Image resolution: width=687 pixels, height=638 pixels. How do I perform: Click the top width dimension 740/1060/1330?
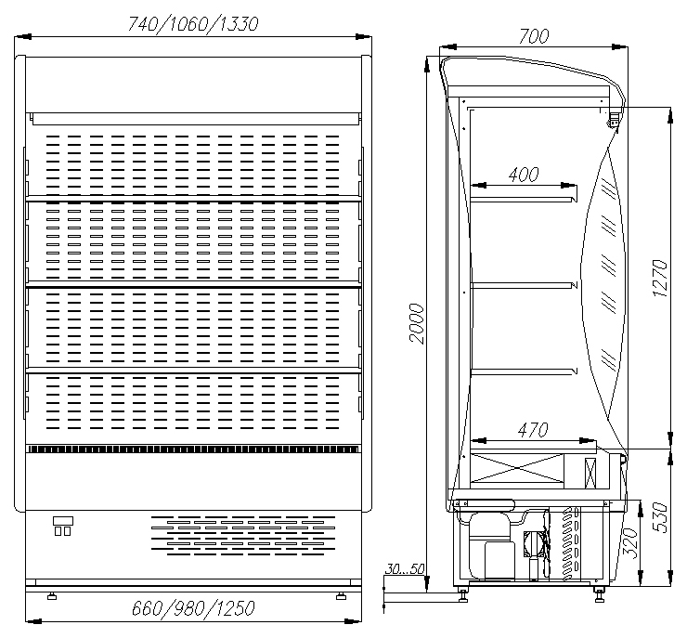pos(193,23)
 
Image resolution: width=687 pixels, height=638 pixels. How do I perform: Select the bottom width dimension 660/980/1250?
pos(193,608)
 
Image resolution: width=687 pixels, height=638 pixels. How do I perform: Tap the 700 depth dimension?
pos(533,36)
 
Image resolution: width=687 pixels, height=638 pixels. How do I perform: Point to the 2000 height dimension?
pos(417,323)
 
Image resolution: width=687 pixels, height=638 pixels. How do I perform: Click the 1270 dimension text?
pos(659,279)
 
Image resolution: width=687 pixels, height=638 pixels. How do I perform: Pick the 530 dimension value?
pos(660,517)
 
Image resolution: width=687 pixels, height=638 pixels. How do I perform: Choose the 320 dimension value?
pos(630,543)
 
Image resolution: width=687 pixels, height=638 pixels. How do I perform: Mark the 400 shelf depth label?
pos(524,175)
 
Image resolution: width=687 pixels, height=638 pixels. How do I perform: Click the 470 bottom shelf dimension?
pos(532,430)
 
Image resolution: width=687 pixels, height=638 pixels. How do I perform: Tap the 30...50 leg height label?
pos(405,568)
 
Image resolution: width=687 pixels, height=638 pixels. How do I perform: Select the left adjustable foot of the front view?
pos(52,595)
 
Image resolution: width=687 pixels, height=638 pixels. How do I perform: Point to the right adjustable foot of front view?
pos(341,595)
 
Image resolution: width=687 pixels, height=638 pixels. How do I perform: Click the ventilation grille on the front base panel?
pos(243,536)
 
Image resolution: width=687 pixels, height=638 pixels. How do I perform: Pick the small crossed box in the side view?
pos(590,473)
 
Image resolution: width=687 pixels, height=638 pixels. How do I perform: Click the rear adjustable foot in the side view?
pos(463,594)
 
